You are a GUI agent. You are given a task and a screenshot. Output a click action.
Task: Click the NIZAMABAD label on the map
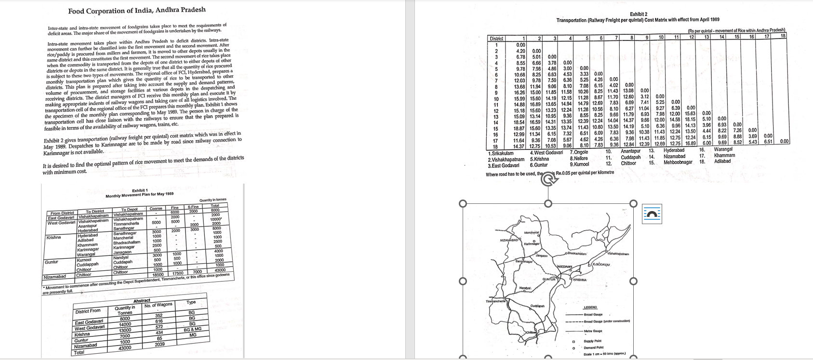(x=510, y=240)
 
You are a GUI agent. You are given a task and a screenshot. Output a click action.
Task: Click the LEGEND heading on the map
(x=590, y=307)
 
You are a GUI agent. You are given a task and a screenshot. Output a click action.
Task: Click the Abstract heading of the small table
(x=142, y=300)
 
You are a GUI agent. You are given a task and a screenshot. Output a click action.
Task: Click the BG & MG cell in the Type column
(x=193, y=329)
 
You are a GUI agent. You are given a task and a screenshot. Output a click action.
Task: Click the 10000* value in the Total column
(x=215, y=219)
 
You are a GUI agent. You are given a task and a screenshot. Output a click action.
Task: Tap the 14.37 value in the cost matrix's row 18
(x=519, y=146)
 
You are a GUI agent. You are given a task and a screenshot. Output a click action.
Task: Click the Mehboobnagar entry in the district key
(x=678, y=162)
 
